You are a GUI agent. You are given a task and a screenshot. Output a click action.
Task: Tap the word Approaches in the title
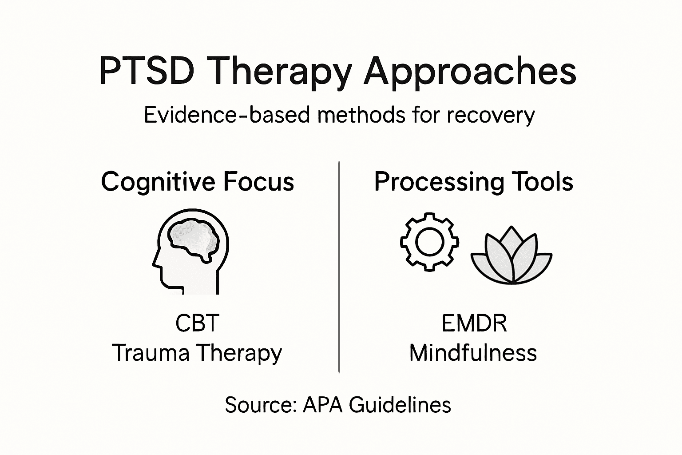[470, 71]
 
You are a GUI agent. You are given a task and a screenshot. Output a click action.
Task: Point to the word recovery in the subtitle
[491, 115]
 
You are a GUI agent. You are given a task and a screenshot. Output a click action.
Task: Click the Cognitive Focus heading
[198, 182]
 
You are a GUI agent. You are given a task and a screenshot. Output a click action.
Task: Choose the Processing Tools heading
[473, 182]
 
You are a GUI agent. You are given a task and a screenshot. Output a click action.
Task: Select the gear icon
[429, 242]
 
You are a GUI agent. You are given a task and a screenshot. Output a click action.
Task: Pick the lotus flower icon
[511, 258]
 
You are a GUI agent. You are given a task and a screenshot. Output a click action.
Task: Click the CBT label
[197, 323]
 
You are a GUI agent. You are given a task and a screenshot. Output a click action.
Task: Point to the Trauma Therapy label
[197, 353]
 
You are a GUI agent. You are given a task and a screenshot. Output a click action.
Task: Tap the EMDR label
[474, 323]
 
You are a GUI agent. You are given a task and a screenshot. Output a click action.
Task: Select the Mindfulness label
[473, 353]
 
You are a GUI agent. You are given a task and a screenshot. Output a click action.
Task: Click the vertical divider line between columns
[339, 267]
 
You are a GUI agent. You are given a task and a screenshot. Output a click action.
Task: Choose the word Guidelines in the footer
[400, 405]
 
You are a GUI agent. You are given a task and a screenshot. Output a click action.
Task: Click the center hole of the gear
[429, 242]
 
